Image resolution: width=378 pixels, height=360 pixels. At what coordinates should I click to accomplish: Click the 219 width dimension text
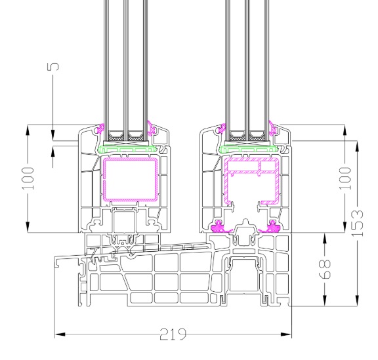pos(173,334)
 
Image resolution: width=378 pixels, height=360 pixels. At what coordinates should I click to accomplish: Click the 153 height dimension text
pos(357,223)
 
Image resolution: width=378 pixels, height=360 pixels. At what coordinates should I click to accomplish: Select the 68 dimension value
pos(325,269)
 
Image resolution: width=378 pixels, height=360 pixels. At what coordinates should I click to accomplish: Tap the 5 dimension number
pos(53,67)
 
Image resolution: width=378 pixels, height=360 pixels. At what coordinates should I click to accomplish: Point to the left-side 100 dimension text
pos(28,178)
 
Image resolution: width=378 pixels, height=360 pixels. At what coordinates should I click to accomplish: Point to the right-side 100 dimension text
pos(345,178)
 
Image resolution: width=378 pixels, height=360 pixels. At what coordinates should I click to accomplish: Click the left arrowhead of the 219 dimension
pos(60,334)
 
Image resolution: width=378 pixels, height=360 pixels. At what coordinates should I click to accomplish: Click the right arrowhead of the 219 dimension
pos(286,334)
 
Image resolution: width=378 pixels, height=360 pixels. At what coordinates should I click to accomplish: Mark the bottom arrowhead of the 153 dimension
pos(357,301)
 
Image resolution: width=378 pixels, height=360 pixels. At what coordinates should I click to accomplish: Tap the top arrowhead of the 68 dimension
pos(325,238)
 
